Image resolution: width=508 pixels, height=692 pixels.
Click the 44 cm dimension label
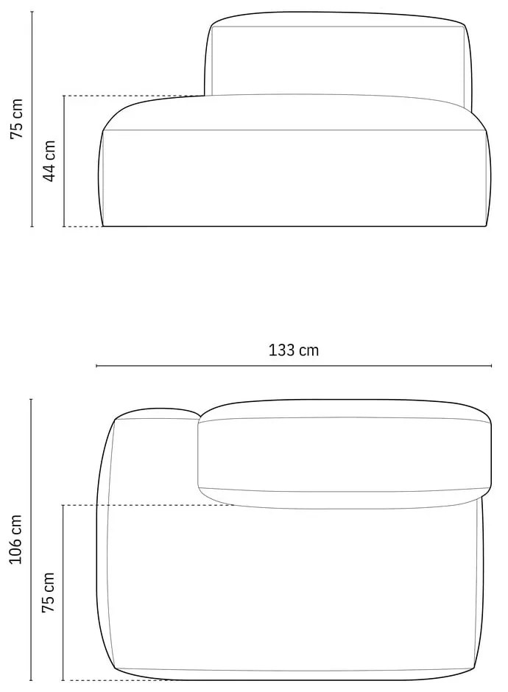pyautogui.click(x=49, y=161)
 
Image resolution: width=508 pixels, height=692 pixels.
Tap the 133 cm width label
pyautogui.click(x=294, y=350)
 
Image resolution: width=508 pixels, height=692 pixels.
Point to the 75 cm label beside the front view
pyautogui.click(x=16, y=119)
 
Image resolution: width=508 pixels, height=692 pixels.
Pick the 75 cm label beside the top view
pyautogui.click(x=49, y=592)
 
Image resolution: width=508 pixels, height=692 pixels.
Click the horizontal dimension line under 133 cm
pyautogui.click(x=294, y=366)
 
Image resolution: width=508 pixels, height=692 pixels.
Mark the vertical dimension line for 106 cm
pyautogui.click(x=31, y=540)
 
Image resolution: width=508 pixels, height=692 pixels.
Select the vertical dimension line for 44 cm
pyautogui.click(x=64, y=161)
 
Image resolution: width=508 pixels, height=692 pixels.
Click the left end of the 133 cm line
pyautogui.click(x=96, y=366)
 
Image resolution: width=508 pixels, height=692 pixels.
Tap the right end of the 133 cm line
pyautogui.click(x=492, y=366)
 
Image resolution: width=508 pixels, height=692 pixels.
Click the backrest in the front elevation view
pyautogui.click(x=339, y=59)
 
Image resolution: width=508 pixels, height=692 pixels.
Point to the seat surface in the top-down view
pyautogui.click(x=294, y=589)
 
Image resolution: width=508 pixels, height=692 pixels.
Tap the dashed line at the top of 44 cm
pyautogui.click(x=133, y=96)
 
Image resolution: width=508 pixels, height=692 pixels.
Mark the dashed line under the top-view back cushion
pyautogui.click(x=147, y=505)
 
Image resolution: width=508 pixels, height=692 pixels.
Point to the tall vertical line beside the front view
pyautogui.click(x=32, y=119)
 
